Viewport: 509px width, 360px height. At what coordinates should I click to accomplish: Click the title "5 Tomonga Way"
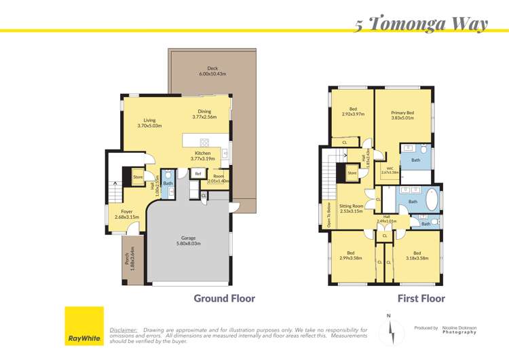pyautogui.click(x=421, y=24)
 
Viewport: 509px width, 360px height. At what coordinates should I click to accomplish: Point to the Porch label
pyautogui.click(x=126, y=259)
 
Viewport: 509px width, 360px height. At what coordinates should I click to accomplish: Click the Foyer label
pyautogui.click(x=127, y=214)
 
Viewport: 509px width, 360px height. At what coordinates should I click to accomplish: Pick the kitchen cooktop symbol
pyautogui.click(x=204, y=142)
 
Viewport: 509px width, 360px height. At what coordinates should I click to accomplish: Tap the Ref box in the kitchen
pyautogui.click(x=198, y=174)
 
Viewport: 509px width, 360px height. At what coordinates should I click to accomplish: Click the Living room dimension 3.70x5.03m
pyautogui.click(x=149, y=126)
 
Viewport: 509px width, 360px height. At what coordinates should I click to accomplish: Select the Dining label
pyautogui.click(x=204, y=112)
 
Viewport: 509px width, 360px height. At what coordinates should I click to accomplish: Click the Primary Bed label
pyautogui.click(x=402, y=113)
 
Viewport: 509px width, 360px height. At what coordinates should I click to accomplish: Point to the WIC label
pyautogui.click(x=390, y=169)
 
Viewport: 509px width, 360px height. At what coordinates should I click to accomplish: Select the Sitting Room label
pyautogui.click(x=352, y=207)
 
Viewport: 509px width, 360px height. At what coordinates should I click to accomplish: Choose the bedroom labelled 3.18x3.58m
pyautogui.click(x=417, y=255)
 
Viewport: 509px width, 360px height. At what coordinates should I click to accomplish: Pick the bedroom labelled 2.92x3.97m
pyautogui.click(x=353, y=111)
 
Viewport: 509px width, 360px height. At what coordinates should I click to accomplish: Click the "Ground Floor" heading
pyautogui.click(x=224, y=298)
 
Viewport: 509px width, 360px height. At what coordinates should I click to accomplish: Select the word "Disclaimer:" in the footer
pyautogui.click(x=124, y=329)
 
